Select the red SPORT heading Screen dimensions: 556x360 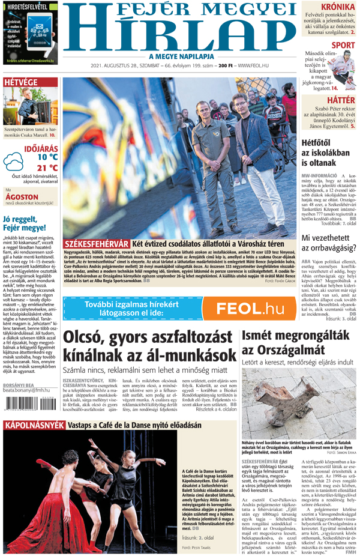pos(343,45)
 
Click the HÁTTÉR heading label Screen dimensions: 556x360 pos(341,100)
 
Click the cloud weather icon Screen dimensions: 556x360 pos(13,160)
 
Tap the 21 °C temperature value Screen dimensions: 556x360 pos(47,168)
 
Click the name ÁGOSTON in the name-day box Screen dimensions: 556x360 pos(22,197)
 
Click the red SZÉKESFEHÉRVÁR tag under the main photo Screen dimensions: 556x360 pos(96,244)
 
